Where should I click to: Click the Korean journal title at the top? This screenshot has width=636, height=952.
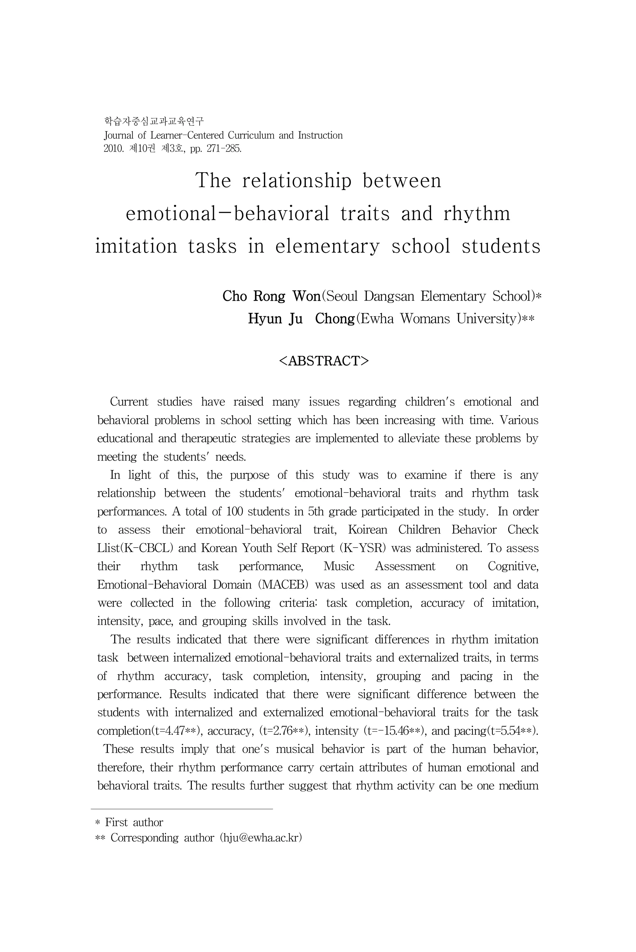pos(154,121)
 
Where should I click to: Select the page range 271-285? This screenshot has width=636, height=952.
pos(224,149)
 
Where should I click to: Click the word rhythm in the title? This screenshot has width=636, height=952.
pos(477,214)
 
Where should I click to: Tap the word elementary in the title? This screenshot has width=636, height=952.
pos(327,246)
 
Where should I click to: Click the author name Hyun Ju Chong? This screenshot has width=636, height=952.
pos(301,319)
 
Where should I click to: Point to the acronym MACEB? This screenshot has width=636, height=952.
pos(286,585)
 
